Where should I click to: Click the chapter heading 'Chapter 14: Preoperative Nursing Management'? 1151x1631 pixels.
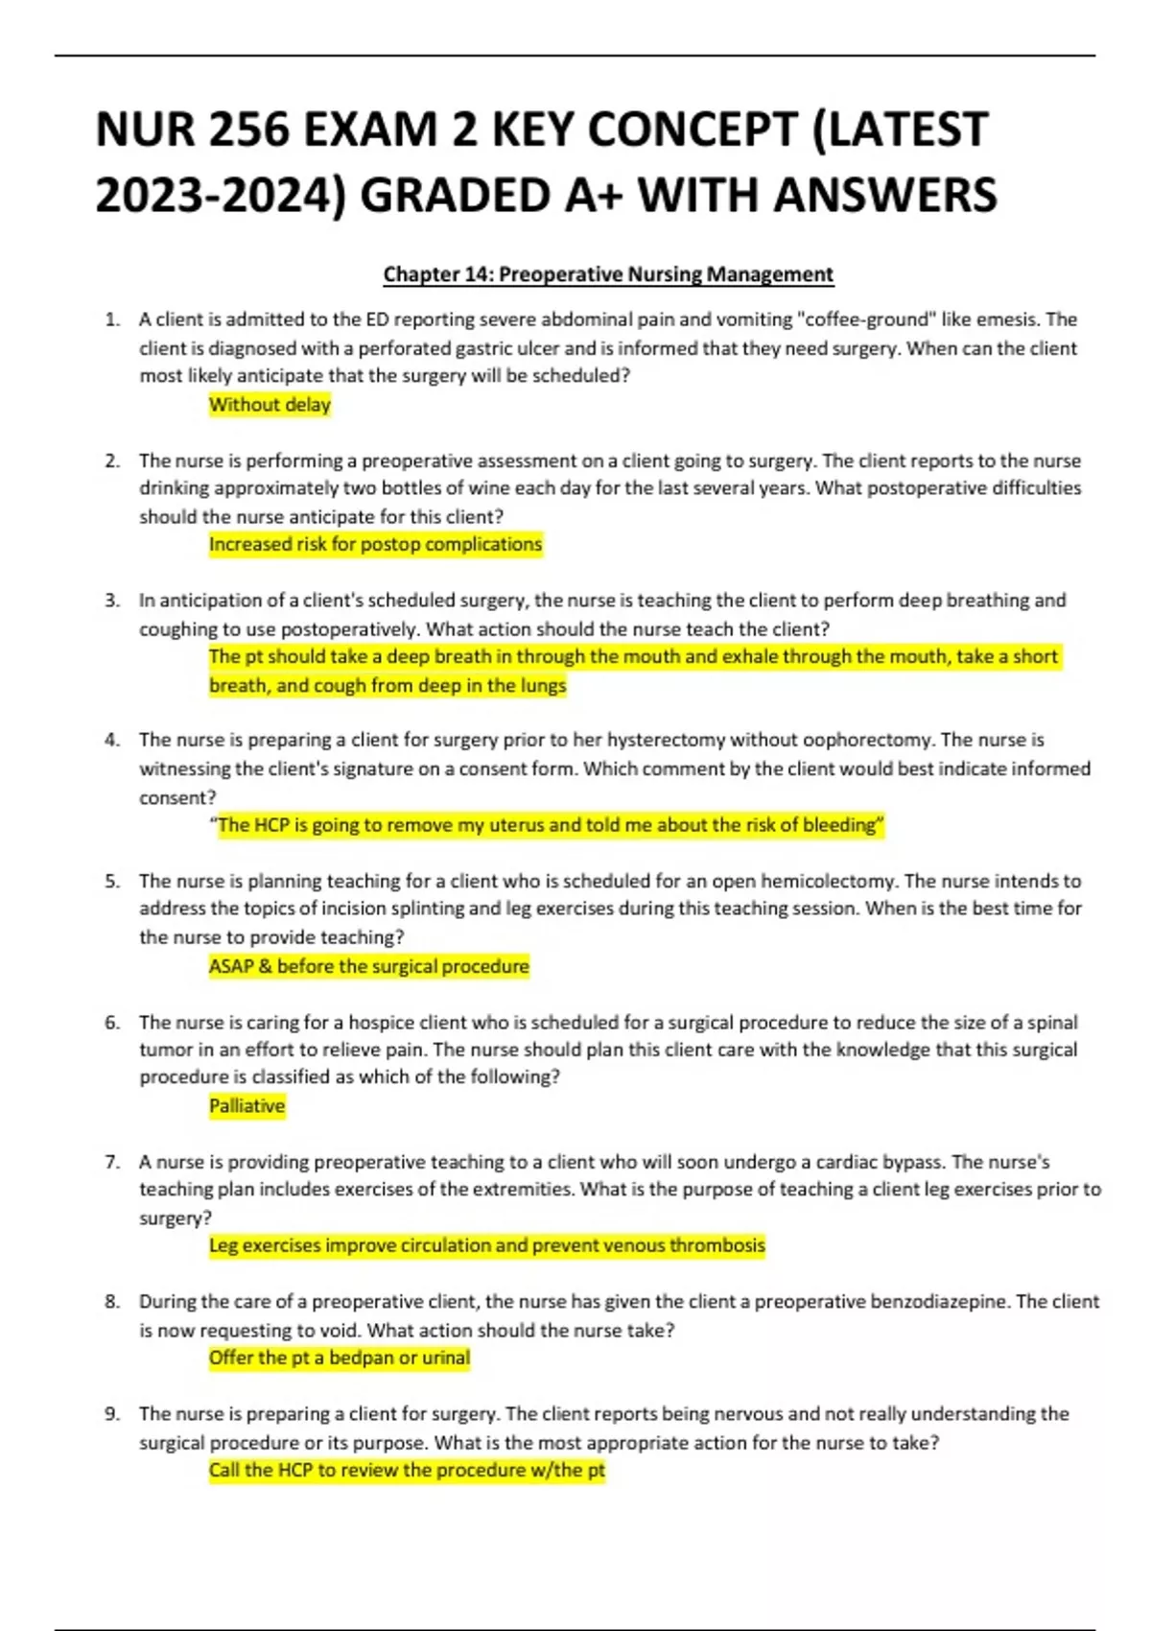tap(608, 274)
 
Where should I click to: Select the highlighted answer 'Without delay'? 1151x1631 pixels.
tap(270, 405)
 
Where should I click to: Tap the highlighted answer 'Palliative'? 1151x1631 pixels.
tap(247, 1106)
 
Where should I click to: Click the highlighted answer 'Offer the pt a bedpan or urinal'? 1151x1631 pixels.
tap(340, 1359)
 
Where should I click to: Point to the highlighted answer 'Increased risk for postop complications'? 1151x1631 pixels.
tap(375, 545)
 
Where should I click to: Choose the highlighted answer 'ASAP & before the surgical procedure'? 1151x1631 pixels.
tap(369, 966)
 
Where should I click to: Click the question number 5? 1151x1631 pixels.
tap(112, 881)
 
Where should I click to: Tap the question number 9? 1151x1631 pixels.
tap(112, 1414)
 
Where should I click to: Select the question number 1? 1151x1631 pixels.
tap(112, 319)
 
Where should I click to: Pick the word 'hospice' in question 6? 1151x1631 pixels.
tap(380, 1022)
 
